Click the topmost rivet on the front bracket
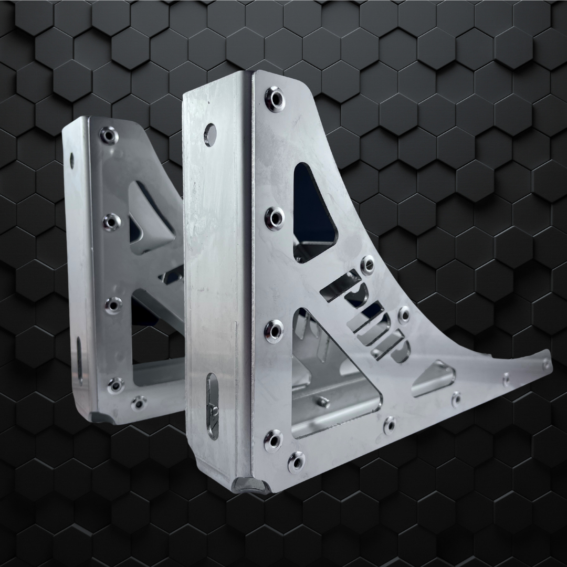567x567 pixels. [x=275, y=98]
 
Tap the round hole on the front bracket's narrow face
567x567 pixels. [x=209, y=134]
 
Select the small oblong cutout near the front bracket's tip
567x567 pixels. [x=434, y=377]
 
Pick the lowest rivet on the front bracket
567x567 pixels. [x=297, y=461]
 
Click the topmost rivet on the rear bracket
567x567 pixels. [x=109, y=135]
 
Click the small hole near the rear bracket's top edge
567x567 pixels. [x=72, y=160]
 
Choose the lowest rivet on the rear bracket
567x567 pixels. [x=138, y=403]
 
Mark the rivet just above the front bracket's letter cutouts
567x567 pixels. [x=367, y=262]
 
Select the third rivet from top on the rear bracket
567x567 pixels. [x=113, y=304]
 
